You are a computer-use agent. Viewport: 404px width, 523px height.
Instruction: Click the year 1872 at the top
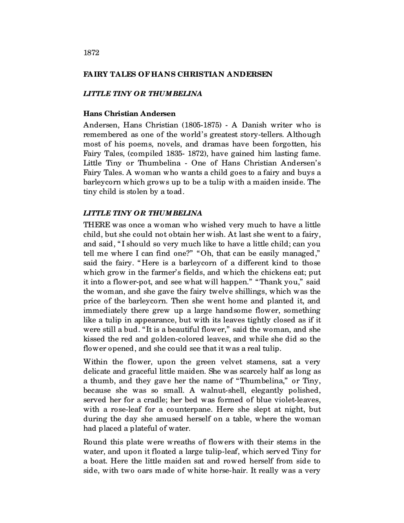tap(91, 53)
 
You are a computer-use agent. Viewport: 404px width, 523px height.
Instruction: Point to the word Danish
tap(254, 125)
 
